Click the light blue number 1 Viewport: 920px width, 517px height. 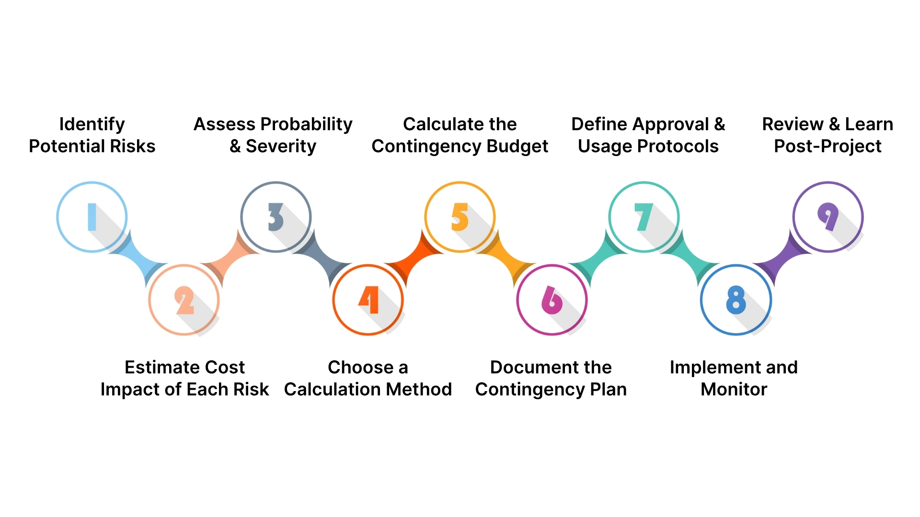(x=92, y=217)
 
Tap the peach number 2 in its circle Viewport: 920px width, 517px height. (x=184, y=300)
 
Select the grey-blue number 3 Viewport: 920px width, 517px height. (x=276, y=217)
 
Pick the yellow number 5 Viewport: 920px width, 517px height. (x=460, y=217)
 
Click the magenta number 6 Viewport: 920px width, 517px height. (x=552, y=300)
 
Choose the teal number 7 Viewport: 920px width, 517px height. (x=644, y=217)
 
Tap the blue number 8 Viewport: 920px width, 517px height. (x=736, y=300)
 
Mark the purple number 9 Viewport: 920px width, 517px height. (x=828, y=216)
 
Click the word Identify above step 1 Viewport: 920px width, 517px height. (x=92, y=124)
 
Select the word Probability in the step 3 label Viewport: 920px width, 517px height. (x=306, y=124)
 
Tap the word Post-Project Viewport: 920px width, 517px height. (x=828, y=146)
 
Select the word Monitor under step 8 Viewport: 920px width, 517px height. (x=734, y=389)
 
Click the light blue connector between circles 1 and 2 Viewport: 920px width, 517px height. (x=138, y=259)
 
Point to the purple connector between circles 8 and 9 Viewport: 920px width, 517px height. (x=782, y=259)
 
